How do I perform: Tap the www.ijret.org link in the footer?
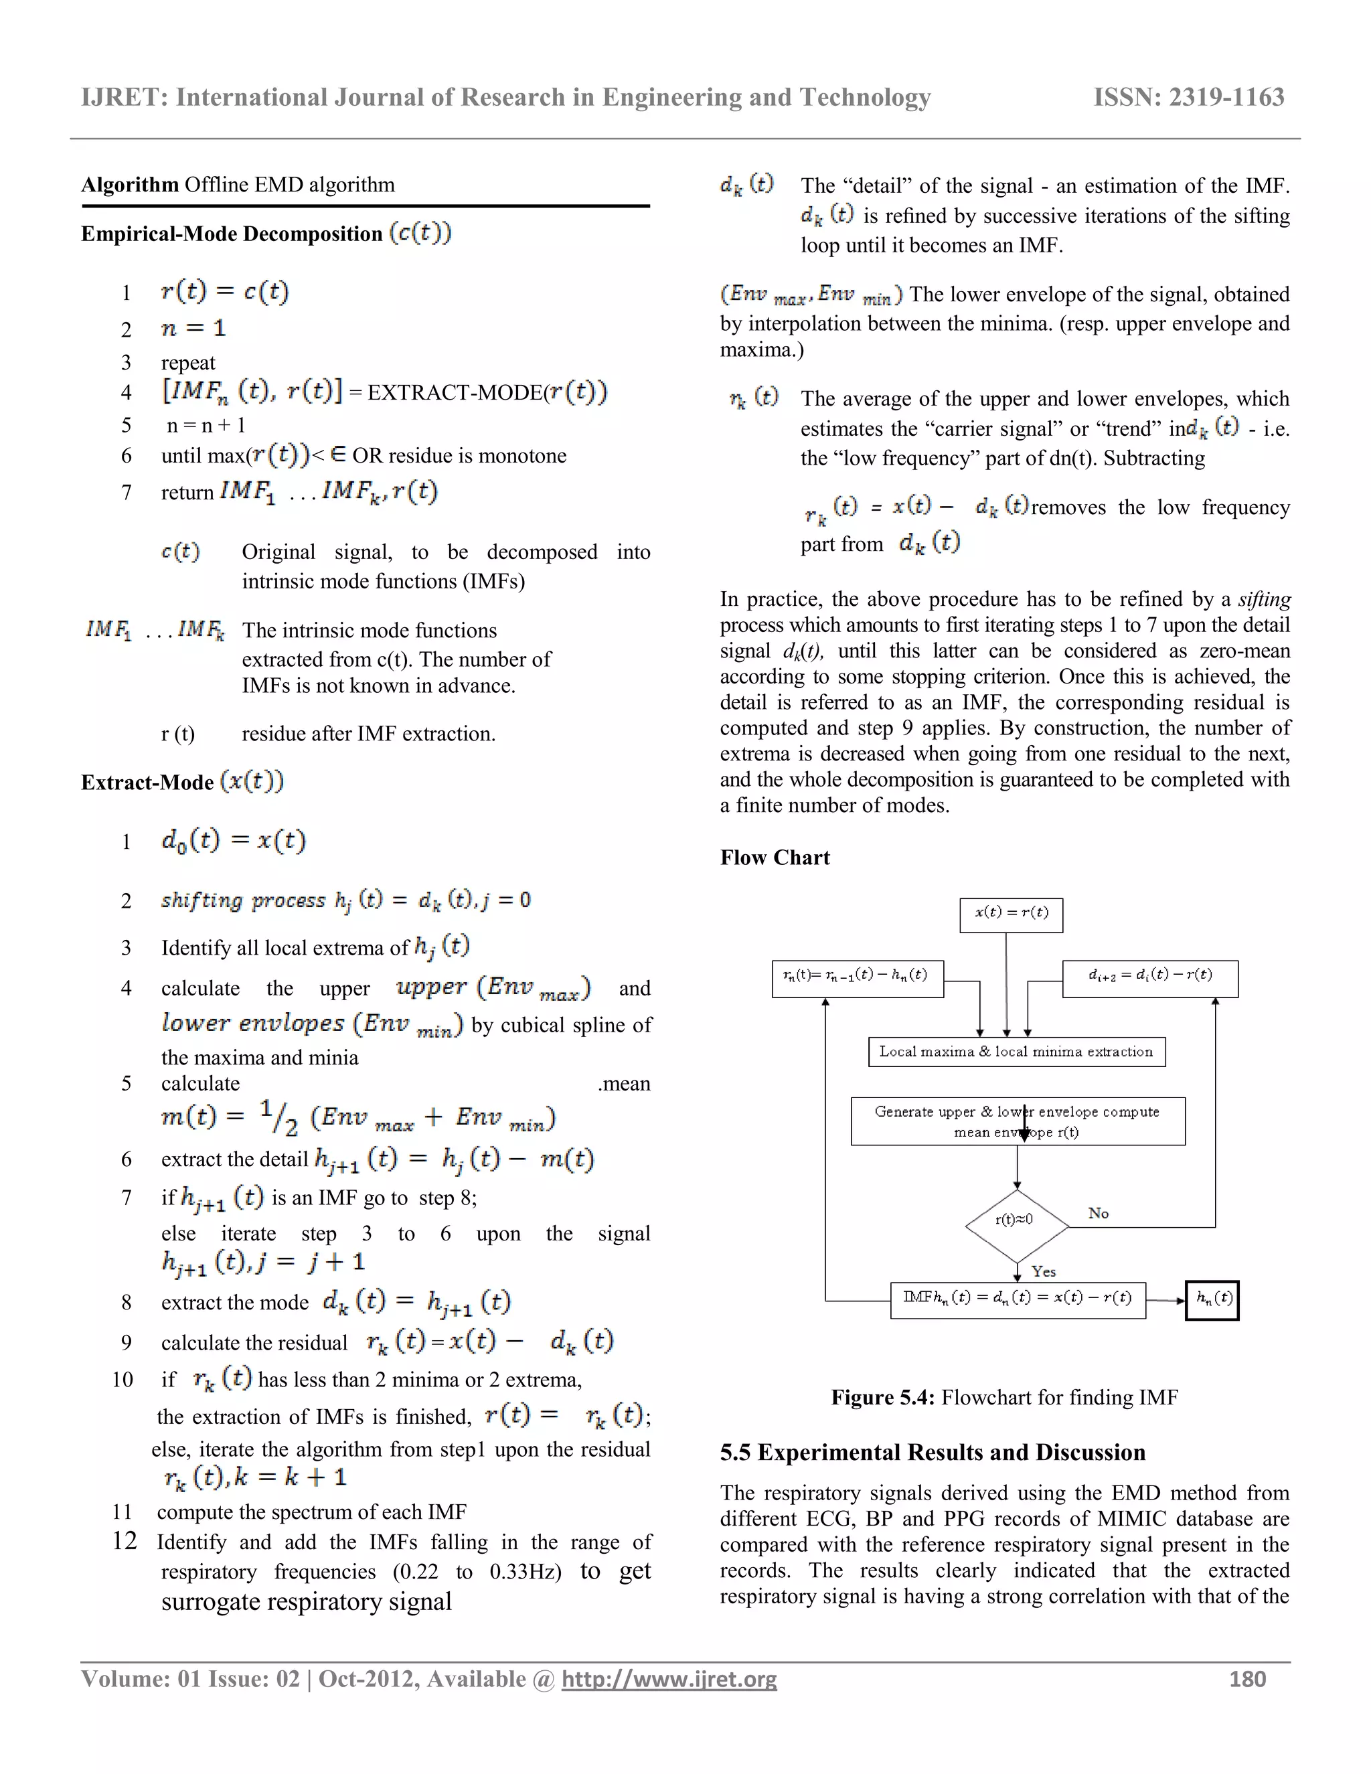pyautogui.click(x=669, y=1679)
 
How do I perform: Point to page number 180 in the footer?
pyautogui.click(x=1248, y=1679)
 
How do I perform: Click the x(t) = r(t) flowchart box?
pyautogui.click(x=1012, y=913)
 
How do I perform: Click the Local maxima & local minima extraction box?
pyautogui.click(x=1016, y=1052)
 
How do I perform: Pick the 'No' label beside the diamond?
pyautogui.click(x=1098, y=1213)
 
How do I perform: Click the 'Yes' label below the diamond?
pyautogui.click(x=1043, y=1271)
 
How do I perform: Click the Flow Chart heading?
pyautogui.click(x=775, y=858)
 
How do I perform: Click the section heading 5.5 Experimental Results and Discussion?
pyautogui.click(x=933, y=1453)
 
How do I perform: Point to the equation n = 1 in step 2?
pyautogui.click(x=193, y=328)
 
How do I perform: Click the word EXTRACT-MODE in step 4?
pyautogui.click(x=455, y=393)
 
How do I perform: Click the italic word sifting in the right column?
pyautogui.click(x=1264, y=599)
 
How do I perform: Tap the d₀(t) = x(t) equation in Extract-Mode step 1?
pyautogui.click(x=234, y=840)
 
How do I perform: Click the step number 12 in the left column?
pyautogui.click(x=125, y=1541)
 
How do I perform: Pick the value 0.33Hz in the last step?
pyautogui.click(x=525, y=1572)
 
